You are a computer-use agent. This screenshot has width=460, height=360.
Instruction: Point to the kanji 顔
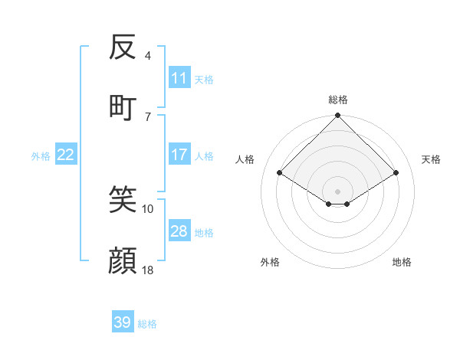click(123, 260)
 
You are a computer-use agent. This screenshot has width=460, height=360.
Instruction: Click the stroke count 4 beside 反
click(147, 55)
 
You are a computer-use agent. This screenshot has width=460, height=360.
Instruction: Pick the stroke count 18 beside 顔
click(148, 270)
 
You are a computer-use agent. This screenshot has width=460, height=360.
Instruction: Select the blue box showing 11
click(179, 78)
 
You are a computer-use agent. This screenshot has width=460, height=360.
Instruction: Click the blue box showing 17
click(179, 155)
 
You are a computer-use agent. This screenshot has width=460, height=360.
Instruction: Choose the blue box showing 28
click(179, 231)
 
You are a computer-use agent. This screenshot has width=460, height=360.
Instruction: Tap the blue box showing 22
click(66, 155)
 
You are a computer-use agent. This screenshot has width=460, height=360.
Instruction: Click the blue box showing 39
click(123, 322)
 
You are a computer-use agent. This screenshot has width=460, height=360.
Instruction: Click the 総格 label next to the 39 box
click(147, 324)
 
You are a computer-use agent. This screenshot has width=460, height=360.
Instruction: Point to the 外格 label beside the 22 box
click(41, 155)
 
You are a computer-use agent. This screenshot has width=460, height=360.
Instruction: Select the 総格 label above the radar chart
click(338, 100)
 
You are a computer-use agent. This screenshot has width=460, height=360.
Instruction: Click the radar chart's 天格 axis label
click(432, 159)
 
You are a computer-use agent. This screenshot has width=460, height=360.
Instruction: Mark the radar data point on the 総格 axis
click(338, 116)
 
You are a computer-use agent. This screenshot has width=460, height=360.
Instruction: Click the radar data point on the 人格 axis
click(280, 172)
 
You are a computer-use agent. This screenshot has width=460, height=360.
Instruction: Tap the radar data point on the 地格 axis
click(347, 204)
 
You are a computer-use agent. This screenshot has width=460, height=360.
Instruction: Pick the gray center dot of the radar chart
click(338, 191)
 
